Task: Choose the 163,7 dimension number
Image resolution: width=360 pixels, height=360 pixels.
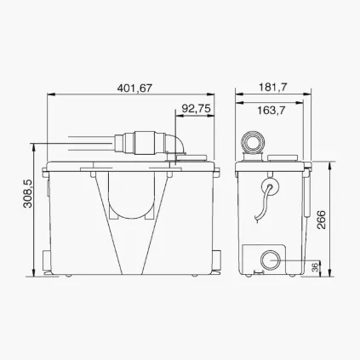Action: (268, 109)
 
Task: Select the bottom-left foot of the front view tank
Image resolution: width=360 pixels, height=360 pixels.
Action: (53, 274)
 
